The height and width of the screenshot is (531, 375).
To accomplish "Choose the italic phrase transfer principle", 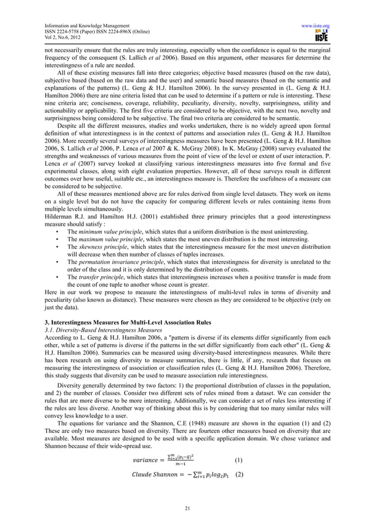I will coord(98,276).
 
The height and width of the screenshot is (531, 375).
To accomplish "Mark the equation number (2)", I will coord(239,475).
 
